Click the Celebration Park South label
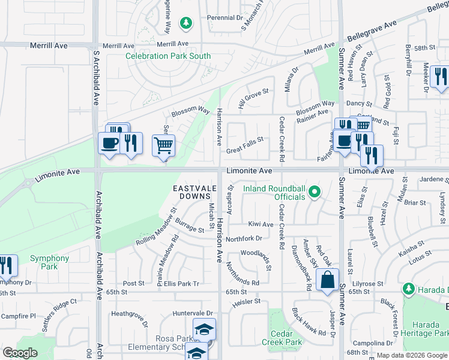point(168,56)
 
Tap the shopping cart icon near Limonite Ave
point(163,145)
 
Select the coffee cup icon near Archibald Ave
point(109,143)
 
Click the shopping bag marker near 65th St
point(327,280)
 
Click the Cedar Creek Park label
point(282,338)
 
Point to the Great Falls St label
point(245,143)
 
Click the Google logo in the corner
point(20,353)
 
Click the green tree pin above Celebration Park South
point(186,23)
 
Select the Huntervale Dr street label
point(193,313)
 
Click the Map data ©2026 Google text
point(412,355)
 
